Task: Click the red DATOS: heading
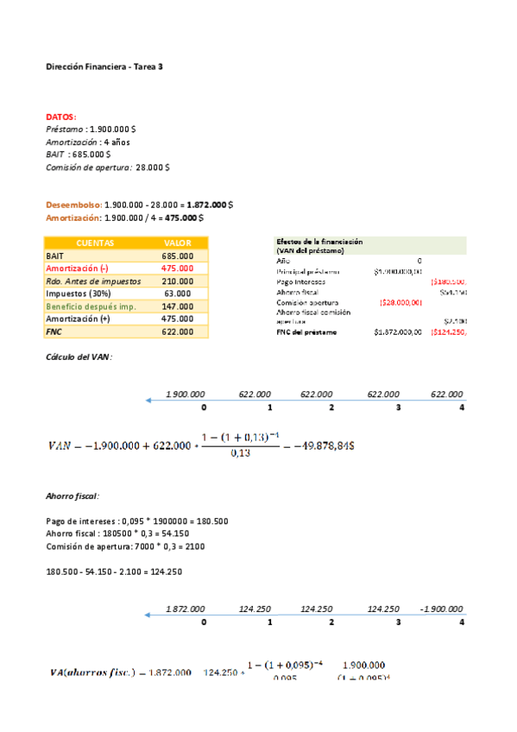coord(60,117)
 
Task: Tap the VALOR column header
coord(177,243)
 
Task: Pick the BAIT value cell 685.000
coord(177,256)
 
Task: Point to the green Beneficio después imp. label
coord(91,306)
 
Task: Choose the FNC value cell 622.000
coord(177,331)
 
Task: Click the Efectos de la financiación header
coord(320,242)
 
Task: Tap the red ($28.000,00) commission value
coord(400,302)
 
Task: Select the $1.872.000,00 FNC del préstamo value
coord(398,331)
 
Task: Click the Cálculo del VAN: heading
coord(79,357)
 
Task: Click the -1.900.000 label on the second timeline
coord(441,609)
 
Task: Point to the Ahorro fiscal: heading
coord(73,496)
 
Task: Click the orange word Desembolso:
coord(73,205)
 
